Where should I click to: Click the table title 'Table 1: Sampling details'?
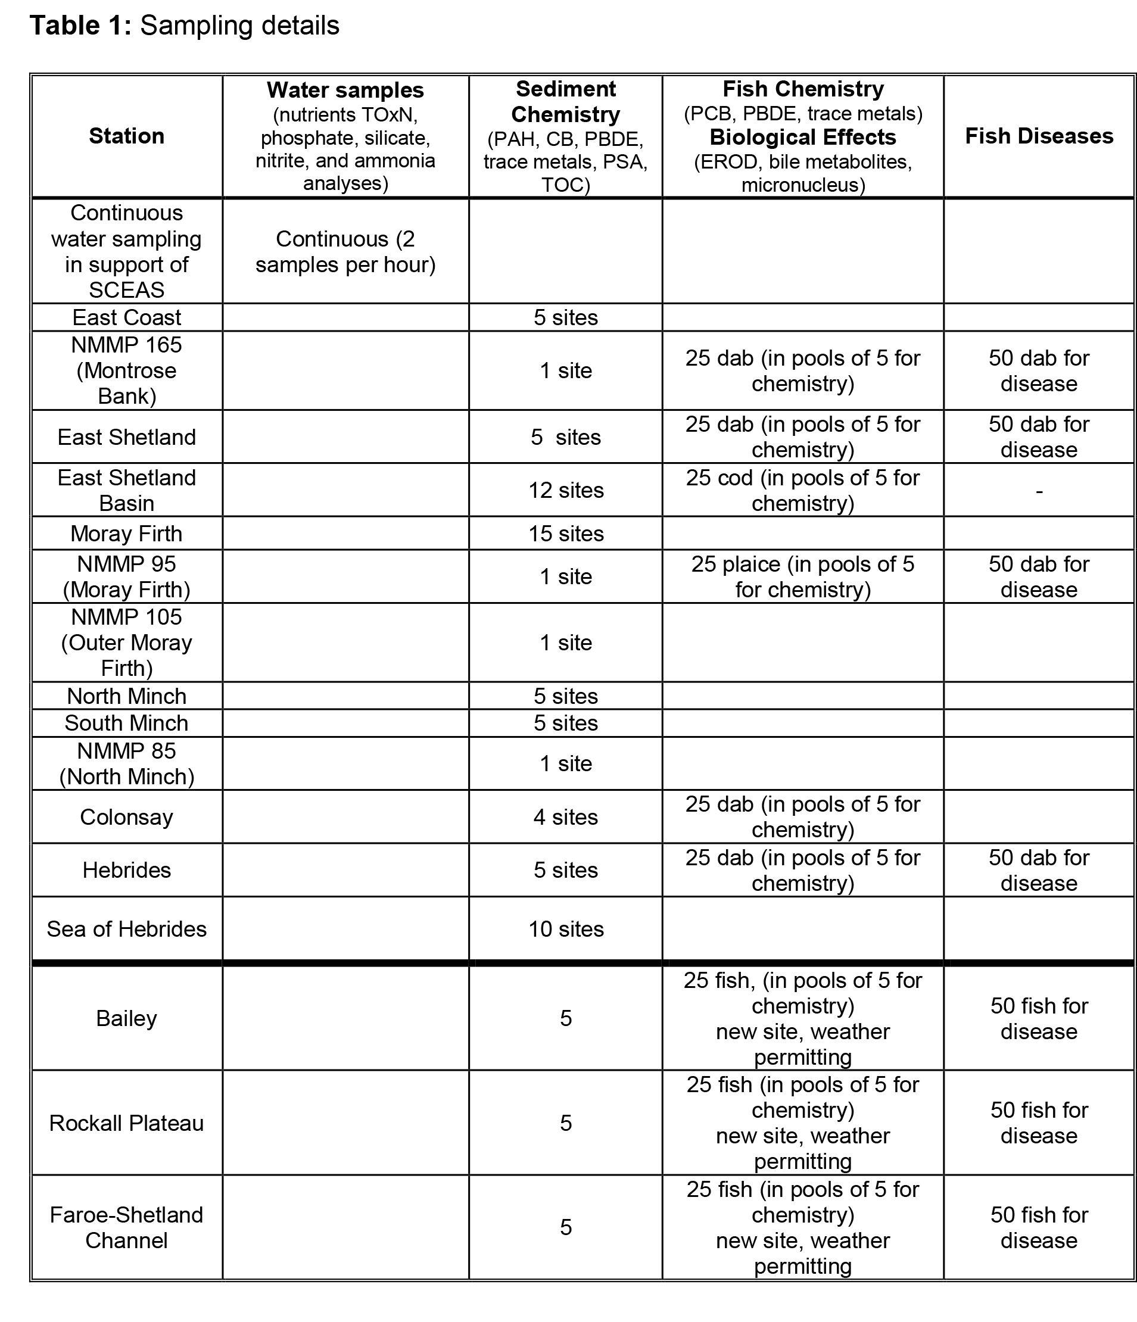coord(185,26)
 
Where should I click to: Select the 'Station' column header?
coord(126,136)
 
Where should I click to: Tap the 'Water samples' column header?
coord(345,90)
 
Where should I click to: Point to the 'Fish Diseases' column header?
coord(1039,136)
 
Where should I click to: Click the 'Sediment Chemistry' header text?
coord(565,101)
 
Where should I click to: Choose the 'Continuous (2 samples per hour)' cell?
coord(345,251)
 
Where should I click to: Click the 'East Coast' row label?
coord(126,317)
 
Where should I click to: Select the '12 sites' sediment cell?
coord(565,490)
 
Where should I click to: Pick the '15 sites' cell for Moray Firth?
coord(565,534)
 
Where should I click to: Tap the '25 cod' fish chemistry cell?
coord(803,490)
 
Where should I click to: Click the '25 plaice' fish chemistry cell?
coord(803,577)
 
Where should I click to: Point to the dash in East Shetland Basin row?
coord(1039,491)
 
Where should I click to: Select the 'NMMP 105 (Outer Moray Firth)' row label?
coord(126,643)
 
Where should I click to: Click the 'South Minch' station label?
coord(126,723)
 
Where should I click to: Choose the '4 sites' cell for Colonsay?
coord(565,816)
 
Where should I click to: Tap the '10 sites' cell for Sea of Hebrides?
coord(565,929)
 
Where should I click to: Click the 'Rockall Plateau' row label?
coord(126,1123)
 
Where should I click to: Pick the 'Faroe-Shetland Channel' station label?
coord(126,1227)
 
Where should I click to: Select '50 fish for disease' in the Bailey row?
coord(1039,1018)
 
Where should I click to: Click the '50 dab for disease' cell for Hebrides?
coord(1039,870)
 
